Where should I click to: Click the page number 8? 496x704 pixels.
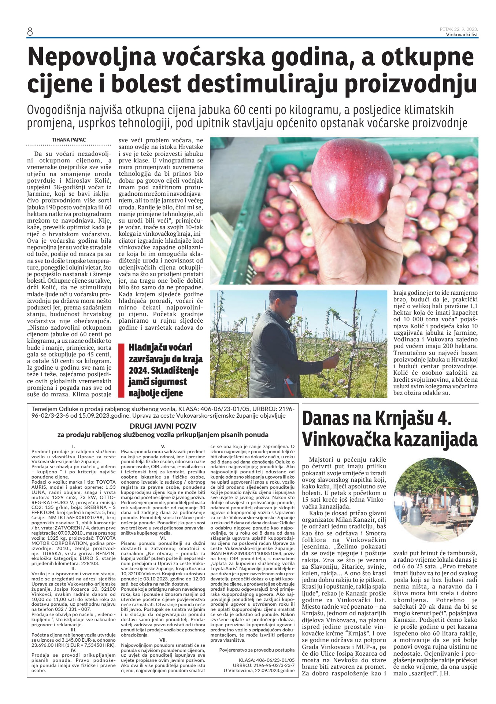[30, 32]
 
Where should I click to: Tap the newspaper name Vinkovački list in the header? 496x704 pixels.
[462, 35]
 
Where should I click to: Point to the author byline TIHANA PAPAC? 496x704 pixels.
[69, 140]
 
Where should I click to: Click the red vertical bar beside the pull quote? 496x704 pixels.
[122, 370]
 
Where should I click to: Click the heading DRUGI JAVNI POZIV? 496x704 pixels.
[163, 426]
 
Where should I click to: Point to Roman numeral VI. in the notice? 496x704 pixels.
[163, 538]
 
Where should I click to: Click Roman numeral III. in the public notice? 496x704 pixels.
[73, 629]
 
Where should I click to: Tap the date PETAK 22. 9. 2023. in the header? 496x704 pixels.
[459, 29]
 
